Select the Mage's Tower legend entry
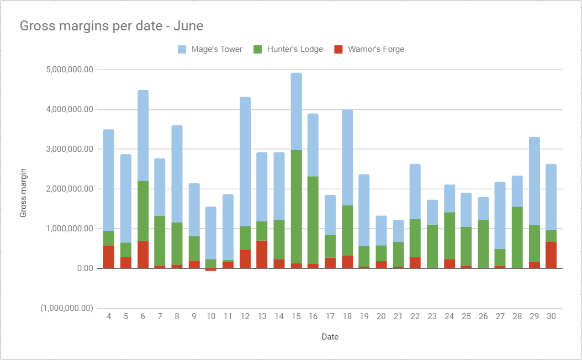[210, 49]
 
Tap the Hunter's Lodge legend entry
[288, 49]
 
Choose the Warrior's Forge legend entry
[369, 49]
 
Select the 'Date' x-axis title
[330, 336]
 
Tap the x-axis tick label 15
[296, 316]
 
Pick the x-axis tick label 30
[551, 316]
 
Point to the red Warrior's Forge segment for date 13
[262, 255]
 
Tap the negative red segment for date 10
[211, 269]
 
